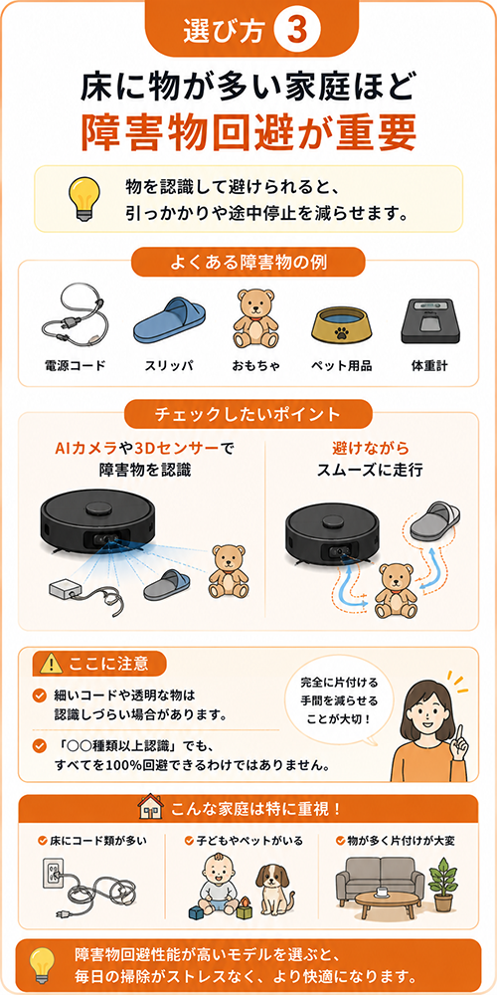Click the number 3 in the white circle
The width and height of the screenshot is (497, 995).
293,31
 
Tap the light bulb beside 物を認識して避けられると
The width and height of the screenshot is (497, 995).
83,197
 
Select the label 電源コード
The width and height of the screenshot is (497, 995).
75,365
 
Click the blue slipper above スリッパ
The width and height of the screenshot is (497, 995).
169,321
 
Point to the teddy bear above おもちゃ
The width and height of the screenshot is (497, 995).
256,319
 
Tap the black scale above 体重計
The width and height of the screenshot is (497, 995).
428,320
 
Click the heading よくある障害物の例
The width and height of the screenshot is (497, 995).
248,262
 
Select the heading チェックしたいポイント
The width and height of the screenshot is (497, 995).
248,414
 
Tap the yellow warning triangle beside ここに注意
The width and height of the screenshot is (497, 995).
50,664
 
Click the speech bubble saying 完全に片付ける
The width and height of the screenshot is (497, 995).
339,703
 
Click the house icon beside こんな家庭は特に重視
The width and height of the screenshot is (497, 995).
150,808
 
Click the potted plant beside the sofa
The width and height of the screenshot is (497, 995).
442,885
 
